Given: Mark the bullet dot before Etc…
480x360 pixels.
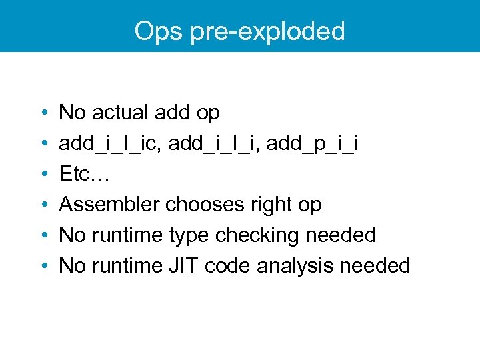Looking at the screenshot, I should coord(43,175).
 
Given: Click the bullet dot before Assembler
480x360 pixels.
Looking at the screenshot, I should coord(43,205).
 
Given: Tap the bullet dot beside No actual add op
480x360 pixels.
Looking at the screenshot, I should coord(43,113).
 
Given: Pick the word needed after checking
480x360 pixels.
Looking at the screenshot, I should coord(342,235).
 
